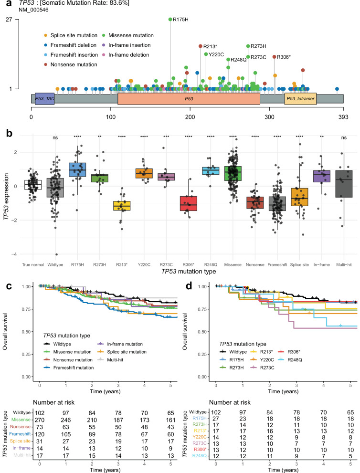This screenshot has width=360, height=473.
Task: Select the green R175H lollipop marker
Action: (171, 20)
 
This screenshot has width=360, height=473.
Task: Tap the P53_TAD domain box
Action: (44, 98)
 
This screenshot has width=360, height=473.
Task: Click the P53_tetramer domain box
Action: (300, 98)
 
